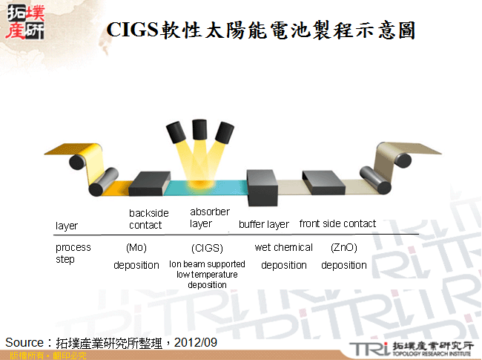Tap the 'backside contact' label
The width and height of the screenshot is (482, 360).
[148, 219]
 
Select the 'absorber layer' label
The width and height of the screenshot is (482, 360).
[210, 217]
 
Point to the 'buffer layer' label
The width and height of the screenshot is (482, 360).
[264, 224]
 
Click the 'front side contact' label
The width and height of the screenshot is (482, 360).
[337, 223]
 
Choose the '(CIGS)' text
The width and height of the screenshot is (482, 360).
[207, 248]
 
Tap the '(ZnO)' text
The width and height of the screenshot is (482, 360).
[344, 247]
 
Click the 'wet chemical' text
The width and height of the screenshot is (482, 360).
[283, 247]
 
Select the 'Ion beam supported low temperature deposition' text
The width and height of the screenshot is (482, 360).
[207, 274]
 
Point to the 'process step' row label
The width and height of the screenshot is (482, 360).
[73, 253]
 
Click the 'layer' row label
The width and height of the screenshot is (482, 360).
[67, 226]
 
